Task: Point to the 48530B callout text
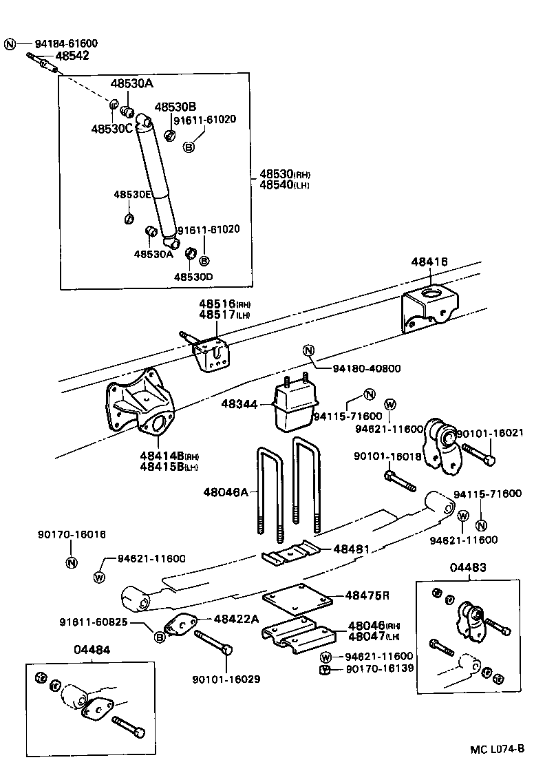click(x=175, y=107)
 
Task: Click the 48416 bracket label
click(x=429, y=262)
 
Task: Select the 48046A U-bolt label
click(x=224, y=492)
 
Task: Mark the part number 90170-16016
click(x=72, y=534)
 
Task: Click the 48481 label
click(x=352, y=549)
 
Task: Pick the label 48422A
click(x=235, y=619)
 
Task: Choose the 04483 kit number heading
click(x=469, y=568)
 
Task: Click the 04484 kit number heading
click(x=92, y=649)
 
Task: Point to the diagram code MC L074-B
click(x=498, y=749)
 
